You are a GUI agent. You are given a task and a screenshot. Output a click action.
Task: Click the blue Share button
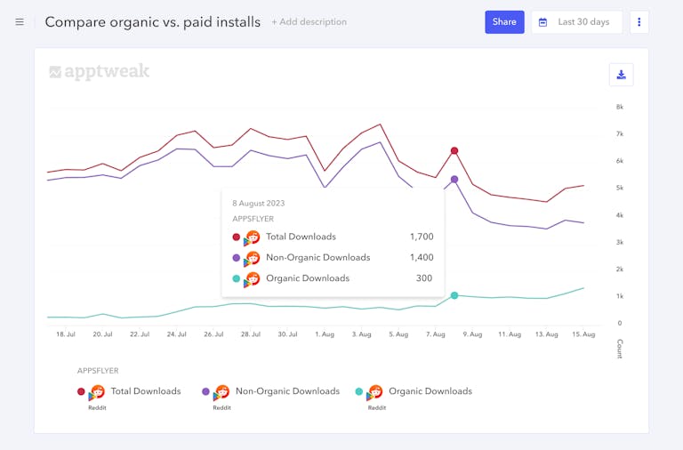[504, 22]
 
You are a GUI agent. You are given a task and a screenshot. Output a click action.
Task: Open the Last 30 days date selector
[576, 22]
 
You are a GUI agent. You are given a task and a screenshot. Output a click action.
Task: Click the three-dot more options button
[639, 22]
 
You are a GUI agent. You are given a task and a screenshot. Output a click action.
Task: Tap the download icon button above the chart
[621, 75]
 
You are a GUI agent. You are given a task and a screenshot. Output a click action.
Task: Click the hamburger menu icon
[20, 22]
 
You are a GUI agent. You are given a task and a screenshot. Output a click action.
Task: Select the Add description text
[309, 22]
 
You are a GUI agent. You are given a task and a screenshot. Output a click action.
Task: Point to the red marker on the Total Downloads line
[454, 151]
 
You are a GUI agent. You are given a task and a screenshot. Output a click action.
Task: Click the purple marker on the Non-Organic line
[454, 180]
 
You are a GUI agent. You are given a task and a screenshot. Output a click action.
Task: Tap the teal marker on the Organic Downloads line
[454, 295]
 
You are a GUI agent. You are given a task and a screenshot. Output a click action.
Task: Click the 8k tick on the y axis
[620, 107]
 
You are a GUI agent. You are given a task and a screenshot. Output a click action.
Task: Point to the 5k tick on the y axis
[620, 188]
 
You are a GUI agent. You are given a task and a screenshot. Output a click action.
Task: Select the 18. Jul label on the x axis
[66, 334]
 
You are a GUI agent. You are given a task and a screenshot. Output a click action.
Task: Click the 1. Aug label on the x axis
[325, 334]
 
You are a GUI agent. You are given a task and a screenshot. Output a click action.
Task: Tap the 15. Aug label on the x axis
[583, 334]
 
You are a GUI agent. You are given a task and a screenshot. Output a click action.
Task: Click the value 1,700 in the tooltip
[422, 237]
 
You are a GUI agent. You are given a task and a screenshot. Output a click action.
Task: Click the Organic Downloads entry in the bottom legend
[430, 391]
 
